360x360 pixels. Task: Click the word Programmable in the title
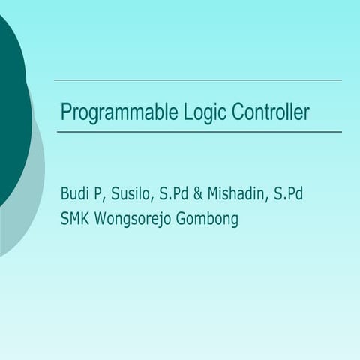(118, 113)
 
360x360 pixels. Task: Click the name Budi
(76, 194)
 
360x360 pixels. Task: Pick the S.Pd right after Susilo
(175, 194)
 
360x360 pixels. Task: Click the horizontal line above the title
(197, 79)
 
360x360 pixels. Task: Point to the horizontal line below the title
(199, 132)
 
